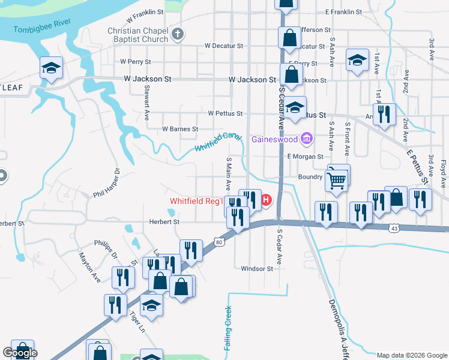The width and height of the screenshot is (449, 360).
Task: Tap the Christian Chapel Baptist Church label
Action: point(137,35)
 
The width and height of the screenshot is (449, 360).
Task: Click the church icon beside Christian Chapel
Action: point(177,34)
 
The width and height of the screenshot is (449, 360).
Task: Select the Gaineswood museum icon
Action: point(307,140)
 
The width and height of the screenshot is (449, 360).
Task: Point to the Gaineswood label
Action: point(276,140)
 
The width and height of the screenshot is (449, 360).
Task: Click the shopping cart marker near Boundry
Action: point(337,178)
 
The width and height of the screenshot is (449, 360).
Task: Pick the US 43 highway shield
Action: point(394,228)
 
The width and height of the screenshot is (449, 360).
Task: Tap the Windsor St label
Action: point(257,269)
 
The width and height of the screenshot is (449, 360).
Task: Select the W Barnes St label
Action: point(180,129)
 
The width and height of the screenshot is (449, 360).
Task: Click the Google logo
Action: point(20,352)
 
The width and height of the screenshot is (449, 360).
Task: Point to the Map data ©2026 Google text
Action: point(412,355)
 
